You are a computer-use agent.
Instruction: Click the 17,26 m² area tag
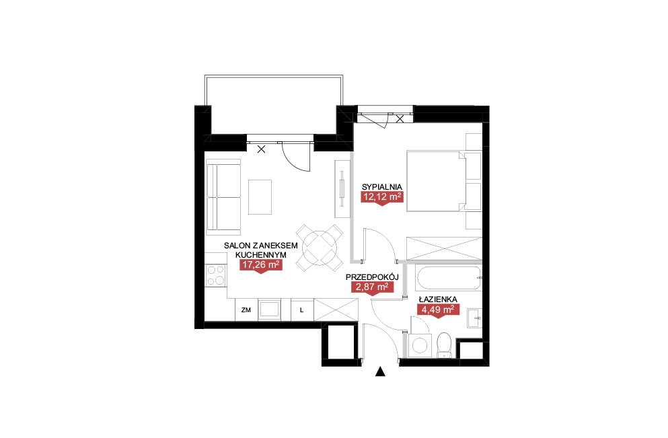(261, 266)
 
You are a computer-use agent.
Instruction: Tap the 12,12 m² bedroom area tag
(382, 197)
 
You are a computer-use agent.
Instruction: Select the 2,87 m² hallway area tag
(372, 287)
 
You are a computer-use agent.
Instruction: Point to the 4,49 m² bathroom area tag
(438, 309)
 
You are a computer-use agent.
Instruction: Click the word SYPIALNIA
(381, 186)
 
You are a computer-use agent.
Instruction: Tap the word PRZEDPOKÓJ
(372, 277)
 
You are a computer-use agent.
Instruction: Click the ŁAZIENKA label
(438, 299)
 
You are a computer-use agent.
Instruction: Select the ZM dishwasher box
(246, 309)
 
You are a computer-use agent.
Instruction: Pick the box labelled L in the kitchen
(302, 309)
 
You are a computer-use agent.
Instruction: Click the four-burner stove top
(215, 275)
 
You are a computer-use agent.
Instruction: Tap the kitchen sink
(269, 309)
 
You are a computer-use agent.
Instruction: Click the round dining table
(320, 248)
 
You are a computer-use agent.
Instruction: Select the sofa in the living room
(223, 197)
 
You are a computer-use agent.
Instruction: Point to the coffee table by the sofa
(260, 197)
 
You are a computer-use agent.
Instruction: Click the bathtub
(449, 278)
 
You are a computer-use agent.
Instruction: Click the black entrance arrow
(381, 372)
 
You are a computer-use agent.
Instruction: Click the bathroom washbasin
(474, 318)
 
